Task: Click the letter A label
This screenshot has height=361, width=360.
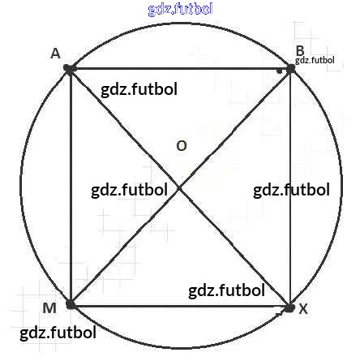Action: [55, 54]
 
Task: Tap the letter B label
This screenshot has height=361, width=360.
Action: [300, 51]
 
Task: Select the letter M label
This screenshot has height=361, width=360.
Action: [49, 308]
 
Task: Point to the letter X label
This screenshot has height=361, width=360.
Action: [303, 308]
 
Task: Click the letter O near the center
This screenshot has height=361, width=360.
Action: [182, 146]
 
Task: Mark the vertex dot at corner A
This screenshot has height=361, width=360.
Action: [69, 68]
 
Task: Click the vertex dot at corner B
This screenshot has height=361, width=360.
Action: [290, 69]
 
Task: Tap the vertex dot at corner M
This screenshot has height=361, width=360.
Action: [71, 305]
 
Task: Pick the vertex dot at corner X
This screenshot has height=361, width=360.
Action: [289, 308]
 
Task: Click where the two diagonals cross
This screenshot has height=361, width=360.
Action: [179, 187]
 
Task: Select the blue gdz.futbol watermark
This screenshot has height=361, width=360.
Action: [181, 9]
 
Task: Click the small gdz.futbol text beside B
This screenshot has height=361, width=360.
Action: [315, 60]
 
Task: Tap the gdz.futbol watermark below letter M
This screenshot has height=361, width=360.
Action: [58, 333]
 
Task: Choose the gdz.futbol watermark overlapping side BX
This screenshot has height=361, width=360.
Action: [291, 190]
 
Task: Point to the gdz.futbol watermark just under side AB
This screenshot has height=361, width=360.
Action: [139, 89]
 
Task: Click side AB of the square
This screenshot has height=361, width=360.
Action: [180, 69]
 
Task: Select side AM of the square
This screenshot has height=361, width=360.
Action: [71, 187]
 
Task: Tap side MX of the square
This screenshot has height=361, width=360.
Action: [180, 307]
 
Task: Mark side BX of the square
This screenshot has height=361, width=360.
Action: [290, 188]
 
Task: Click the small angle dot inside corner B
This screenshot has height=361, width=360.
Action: [280, 71]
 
